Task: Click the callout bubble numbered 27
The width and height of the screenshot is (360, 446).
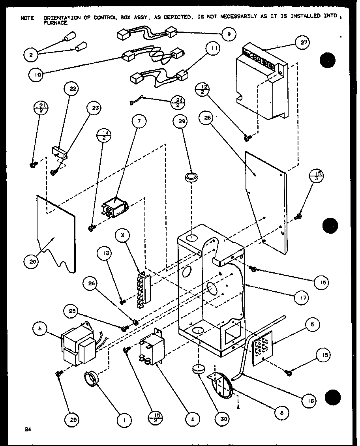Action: (x=303, y=43)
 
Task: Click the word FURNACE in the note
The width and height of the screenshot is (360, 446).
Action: (x=55, y=23)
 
